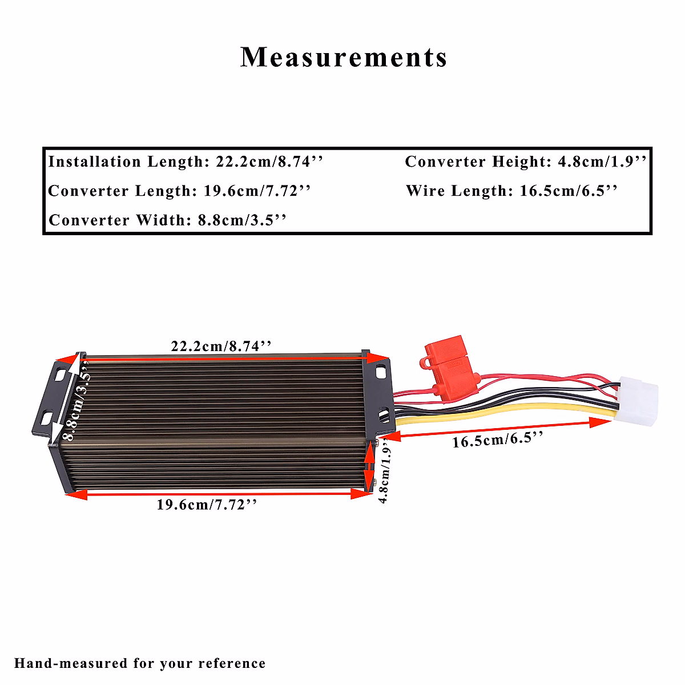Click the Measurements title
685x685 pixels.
[344, 57]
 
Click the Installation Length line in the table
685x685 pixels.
[186, 162]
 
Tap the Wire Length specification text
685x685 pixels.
[512, 191]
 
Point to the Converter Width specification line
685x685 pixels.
[167, 220]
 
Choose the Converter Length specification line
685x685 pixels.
[179, 191]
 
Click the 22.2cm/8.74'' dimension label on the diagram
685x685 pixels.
[220, 346]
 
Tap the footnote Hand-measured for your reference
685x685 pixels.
[140, 663]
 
